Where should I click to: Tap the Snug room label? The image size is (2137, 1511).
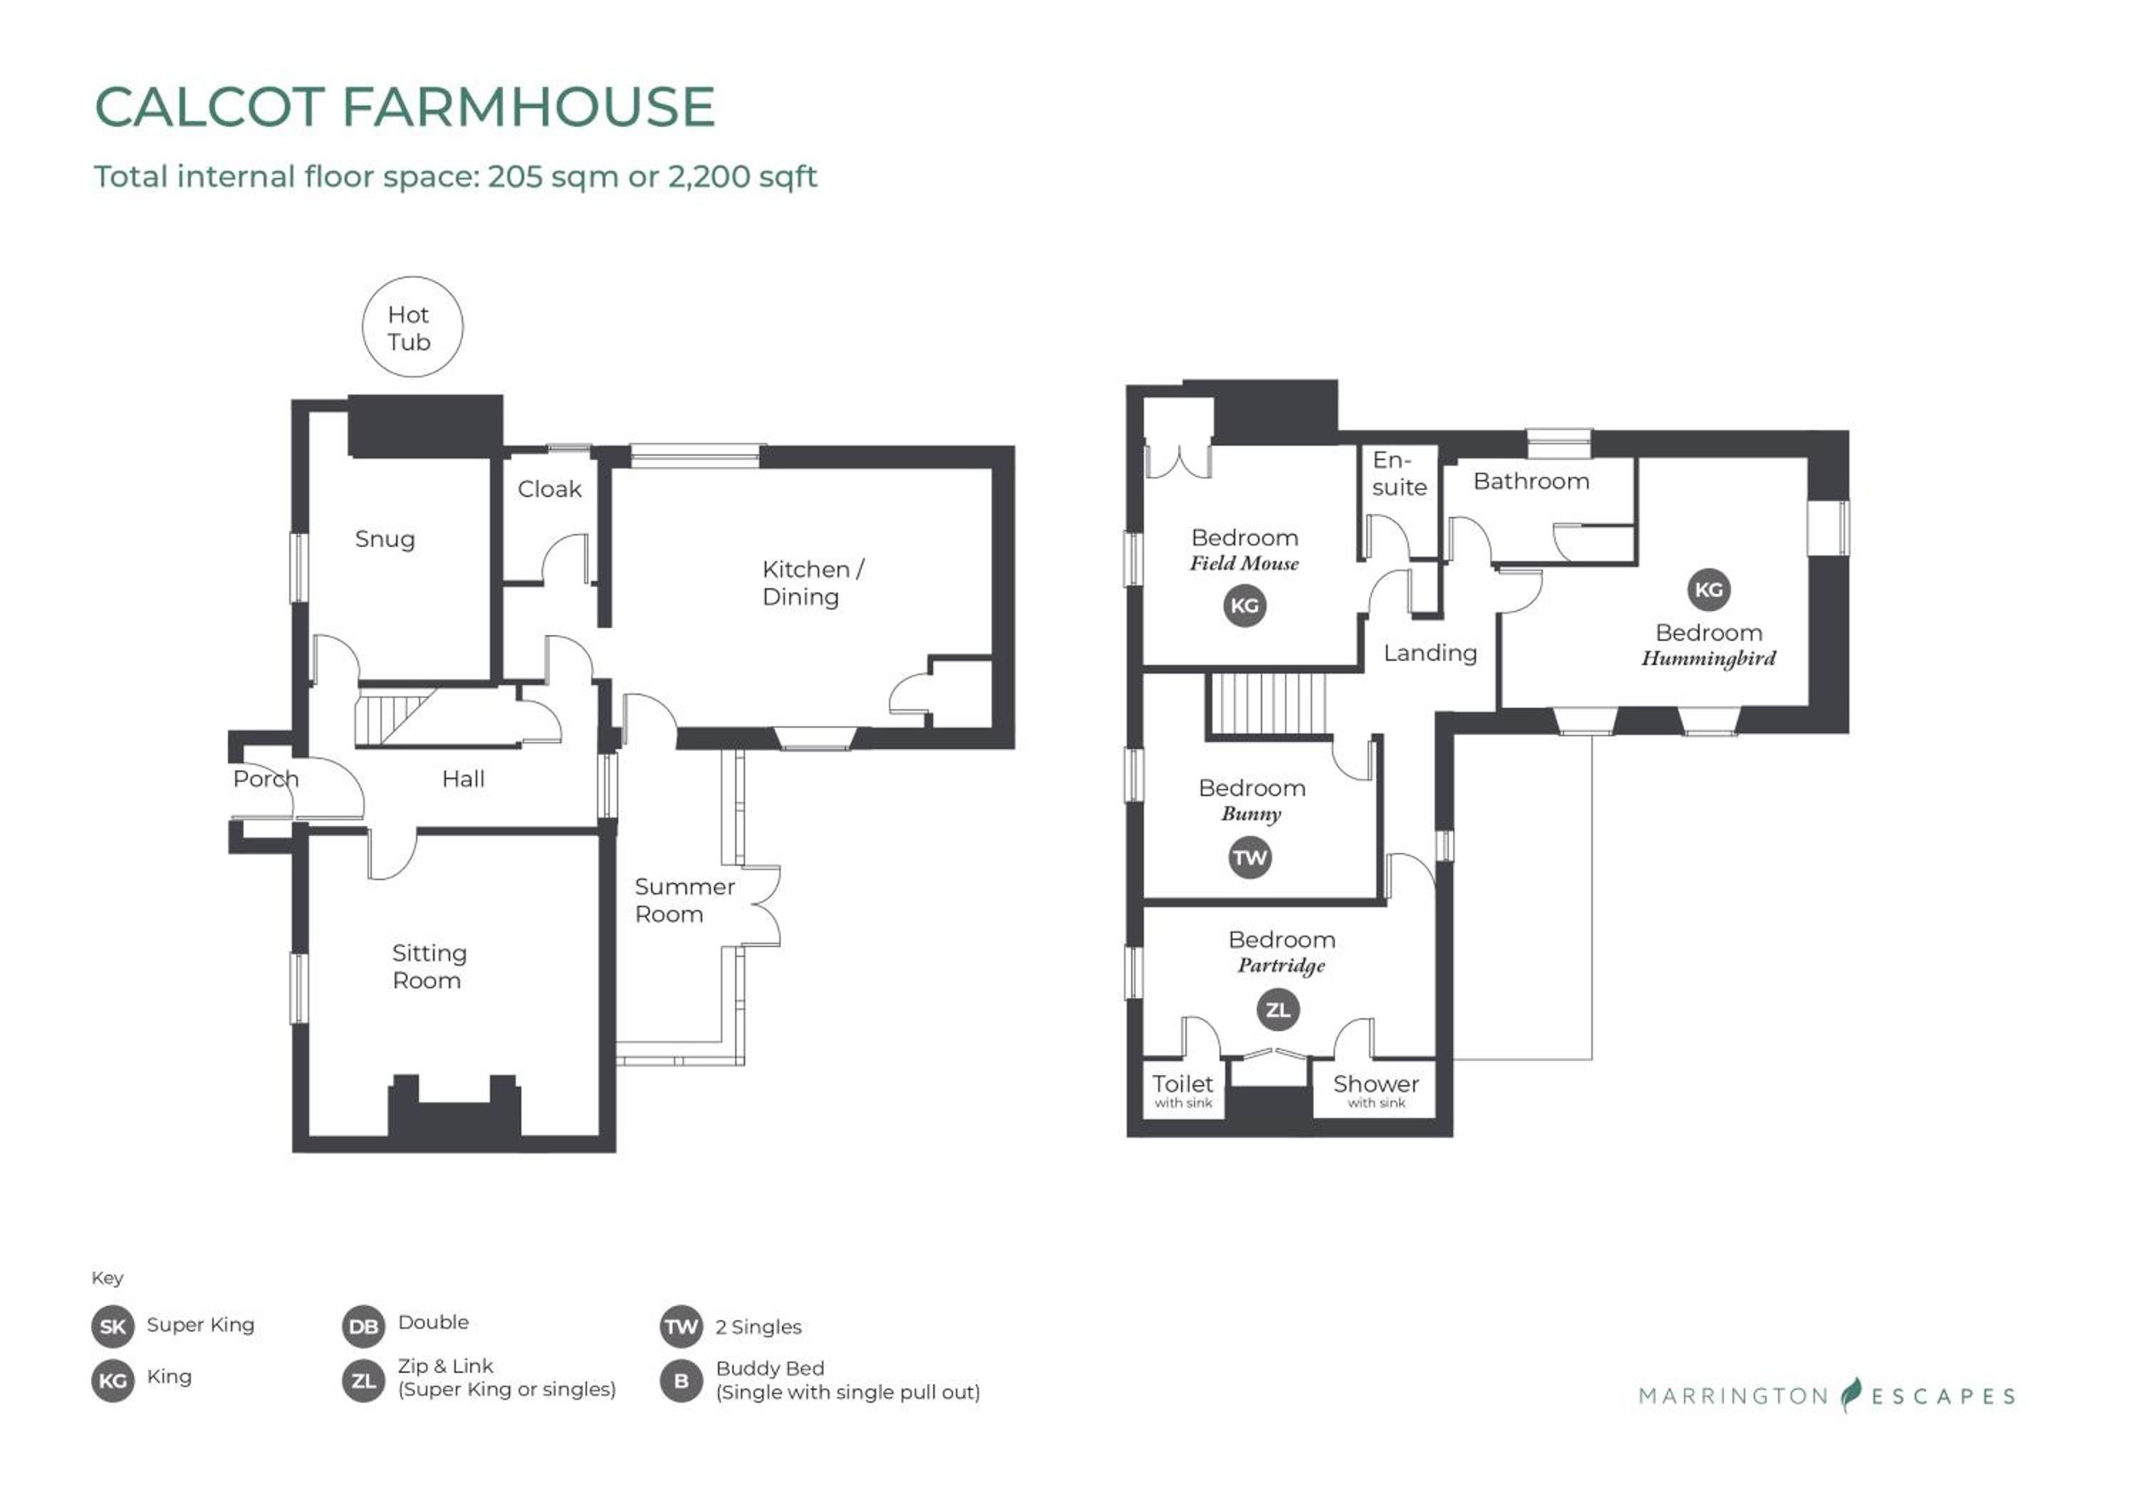[385, 540]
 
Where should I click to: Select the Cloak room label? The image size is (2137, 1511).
[549, 488]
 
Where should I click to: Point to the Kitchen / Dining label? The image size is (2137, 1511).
[813, 582]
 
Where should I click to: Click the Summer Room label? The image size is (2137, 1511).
[684, 900]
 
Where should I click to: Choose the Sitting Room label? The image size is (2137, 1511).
[428, 967]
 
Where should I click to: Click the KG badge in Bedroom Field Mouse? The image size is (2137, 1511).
[1244, 606]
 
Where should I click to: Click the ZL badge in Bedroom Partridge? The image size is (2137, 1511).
[1278, 1010]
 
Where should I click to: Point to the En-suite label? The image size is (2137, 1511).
[1399, 474]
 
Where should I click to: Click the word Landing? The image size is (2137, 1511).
[1430, 653]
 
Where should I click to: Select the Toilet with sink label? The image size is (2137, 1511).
[1183, 1090]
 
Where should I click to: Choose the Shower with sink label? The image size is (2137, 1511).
[1376, 1090]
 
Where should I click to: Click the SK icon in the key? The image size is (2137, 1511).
[113, 1327]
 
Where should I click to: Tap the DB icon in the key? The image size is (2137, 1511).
[363, 1327]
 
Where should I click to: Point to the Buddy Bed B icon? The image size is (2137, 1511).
[681, 1381]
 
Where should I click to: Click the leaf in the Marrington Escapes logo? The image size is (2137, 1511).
[1851, 1395]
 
